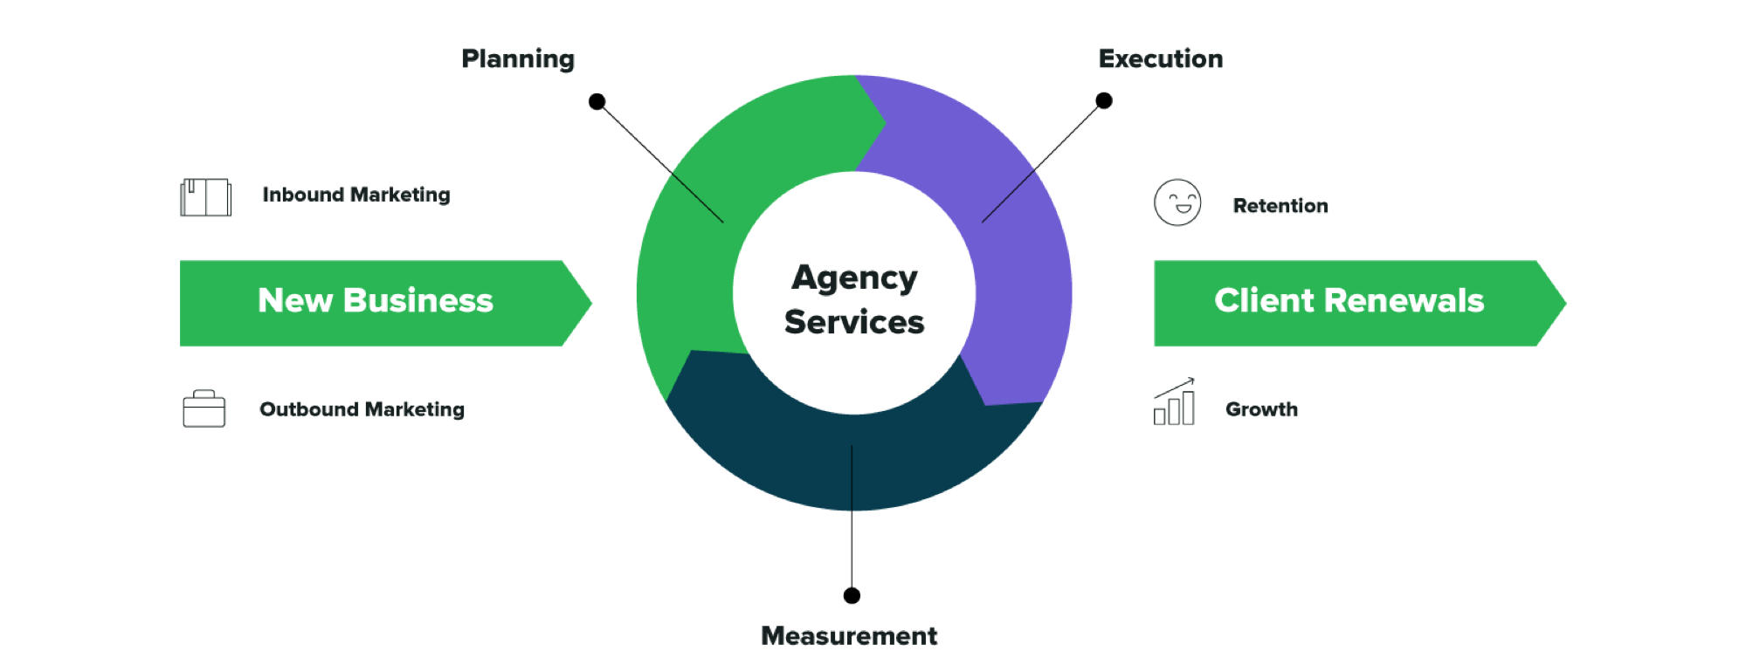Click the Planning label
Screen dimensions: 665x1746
(x=518, y=59)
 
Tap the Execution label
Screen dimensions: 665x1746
(x=1160, y=59)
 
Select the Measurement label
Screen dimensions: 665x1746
(x=849, y=636)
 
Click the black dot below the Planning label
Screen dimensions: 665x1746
(x=597, y=102)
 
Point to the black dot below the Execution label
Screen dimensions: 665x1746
(x=1104, y=101)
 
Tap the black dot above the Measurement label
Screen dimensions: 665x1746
(x=852, y=595)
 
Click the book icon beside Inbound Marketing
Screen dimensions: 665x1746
(x=206, y=197)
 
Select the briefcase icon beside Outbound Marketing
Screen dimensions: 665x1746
(x=204, y=408)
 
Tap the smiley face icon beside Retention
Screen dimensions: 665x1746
(x=1177, y=203)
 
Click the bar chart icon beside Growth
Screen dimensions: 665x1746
(x=1174, y=403)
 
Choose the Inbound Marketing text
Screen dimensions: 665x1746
(x=356, y=195)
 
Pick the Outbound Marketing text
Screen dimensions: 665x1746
(x=362, y=409)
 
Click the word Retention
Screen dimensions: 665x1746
(x=1280, y=206)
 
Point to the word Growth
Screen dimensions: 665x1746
(x=1261, y=409)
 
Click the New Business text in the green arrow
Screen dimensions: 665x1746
(x=376, y=301)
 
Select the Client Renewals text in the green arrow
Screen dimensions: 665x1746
(x=1349, y=301)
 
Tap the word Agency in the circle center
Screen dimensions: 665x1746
(x=854, y=278)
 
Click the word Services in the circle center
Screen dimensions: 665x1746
(x=854, y=322)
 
